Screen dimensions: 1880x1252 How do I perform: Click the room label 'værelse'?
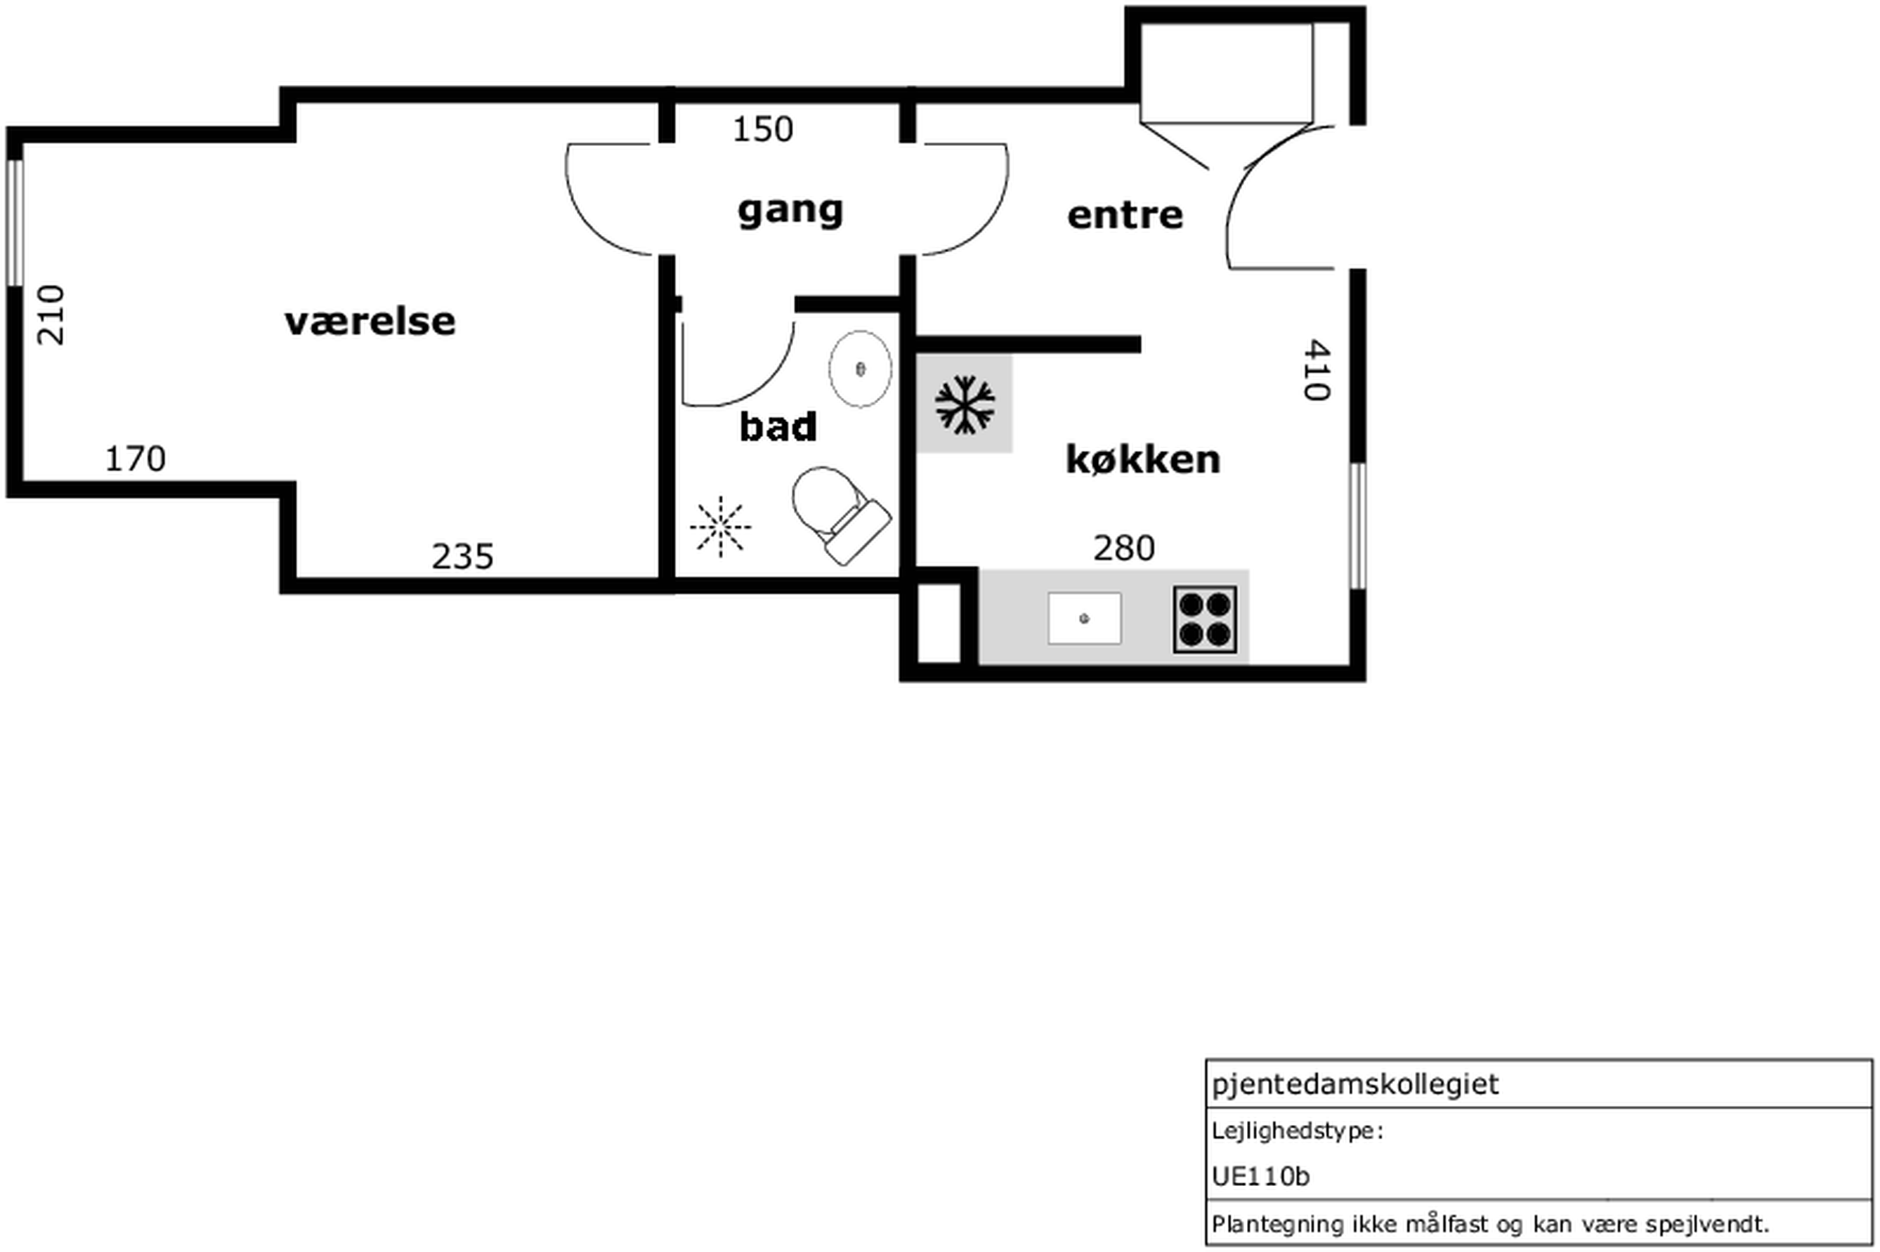370,322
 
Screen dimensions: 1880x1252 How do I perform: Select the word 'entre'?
1125,216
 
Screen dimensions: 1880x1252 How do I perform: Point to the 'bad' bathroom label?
778,427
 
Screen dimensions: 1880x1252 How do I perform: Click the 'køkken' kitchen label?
1143,459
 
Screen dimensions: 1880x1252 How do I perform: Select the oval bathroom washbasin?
860,369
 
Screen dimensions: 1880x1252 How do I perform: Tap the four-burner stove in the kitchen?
1205,619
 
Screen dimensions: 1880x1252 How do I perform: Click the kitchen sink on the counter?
1085,618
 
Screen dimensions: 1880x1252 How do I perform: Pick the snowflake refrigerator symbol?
965,405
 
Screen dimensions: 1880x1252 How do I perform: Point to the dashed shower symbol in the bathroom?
720,526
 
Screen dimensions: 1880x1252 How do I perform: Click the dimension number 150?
763,129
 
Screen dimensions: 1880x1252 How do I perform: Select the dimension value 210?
51,315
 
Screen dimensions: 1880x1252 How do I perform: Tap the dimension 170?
136,459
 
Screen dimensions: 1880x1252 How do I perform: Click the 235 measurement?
462,557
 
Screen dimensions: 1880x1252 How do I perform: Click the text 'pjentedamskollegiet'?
1355,1084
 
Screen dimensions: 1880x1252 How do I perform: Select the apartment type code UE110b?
1260,1176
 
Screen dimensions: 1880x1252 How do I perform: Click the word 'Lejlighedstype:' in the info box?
1297,1131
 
